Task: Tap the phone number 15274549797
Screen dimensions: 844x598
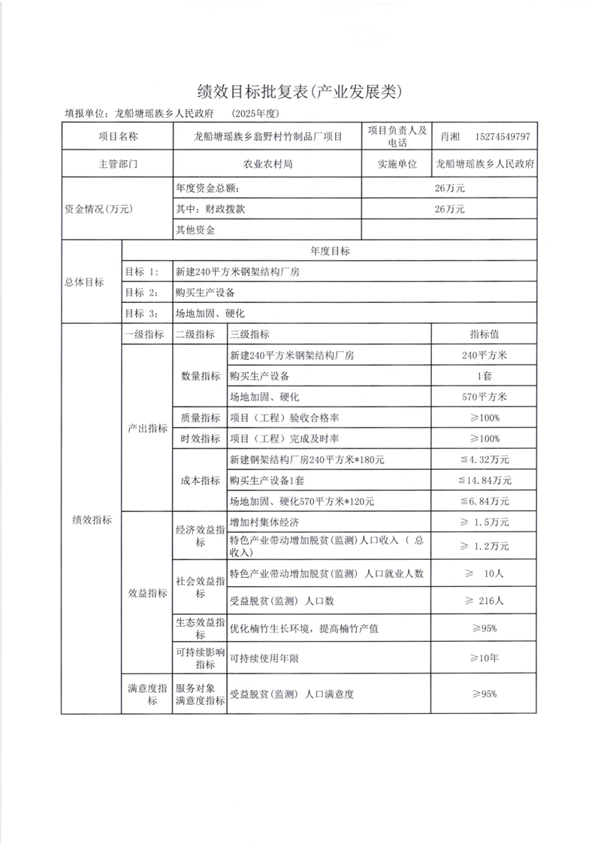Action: point(503,137)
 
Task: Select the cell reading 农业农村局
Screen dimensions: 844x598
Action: point(267,163)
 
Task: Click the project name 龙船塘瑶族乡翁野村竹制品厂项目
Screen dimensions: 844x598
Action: point(267,137)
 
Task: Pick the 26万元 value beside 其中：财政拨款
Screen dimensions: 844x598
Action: point(449,209)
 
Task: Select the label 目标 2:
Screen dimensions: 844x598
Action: point(142,292)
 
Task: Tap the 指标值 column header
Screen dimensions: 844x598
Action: point(485,334)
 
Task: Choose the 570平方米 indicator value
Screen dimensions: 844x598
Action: point(485,396)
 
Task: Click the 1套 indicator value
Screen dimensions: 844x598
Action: point(485,376)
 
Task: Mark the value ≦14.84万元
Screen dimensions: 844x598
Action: point(485,479)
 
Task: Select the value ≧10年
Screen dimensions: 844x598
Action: point(485,658)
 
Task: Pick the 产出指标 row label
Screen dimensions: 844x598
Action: point(146,428)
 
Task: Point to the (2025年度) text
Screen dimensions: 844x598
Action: point(255,113)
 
